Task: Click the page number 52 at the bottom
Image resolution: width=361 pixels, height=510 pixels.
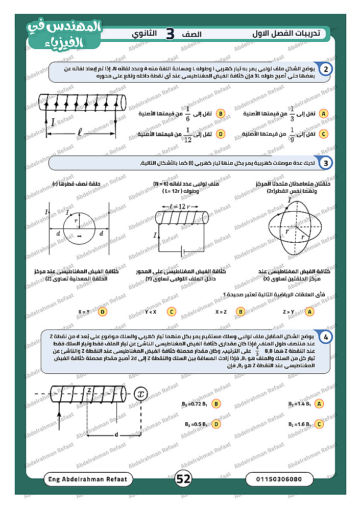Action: click(183, 479)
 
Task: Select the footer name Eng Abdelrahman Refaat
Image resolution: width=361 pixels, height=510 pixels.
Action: click(89, 479)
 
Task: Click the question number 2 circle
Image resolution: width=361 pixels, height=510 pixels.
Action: click(326, 69)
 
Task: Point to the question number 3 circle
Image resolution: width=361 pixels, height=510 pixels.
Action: click(326, 163)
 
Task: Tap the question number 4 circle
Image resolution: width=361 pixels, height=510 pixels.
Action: click(326, 337)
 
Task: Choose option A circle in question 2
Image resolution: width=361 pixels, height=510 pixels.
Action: click(323, 113)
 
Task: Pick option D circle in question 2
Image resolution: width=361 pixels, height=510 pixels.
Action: click(221, 134)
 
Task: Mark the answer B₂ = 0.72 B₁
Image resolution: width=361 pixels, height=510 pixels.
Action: click(194, 403)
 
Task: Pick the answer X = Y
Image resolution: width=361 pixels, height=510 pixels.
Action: click(84, 312)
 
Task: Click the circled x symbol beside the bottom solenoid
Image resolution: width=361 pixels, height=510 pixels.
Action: click(141, 394)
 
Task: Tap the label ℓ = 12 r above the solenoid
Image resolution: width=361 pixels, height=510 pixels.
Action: click(180, 207)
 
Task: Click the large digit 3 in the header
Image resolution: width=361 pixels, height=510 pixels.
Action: click(170, 34)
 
